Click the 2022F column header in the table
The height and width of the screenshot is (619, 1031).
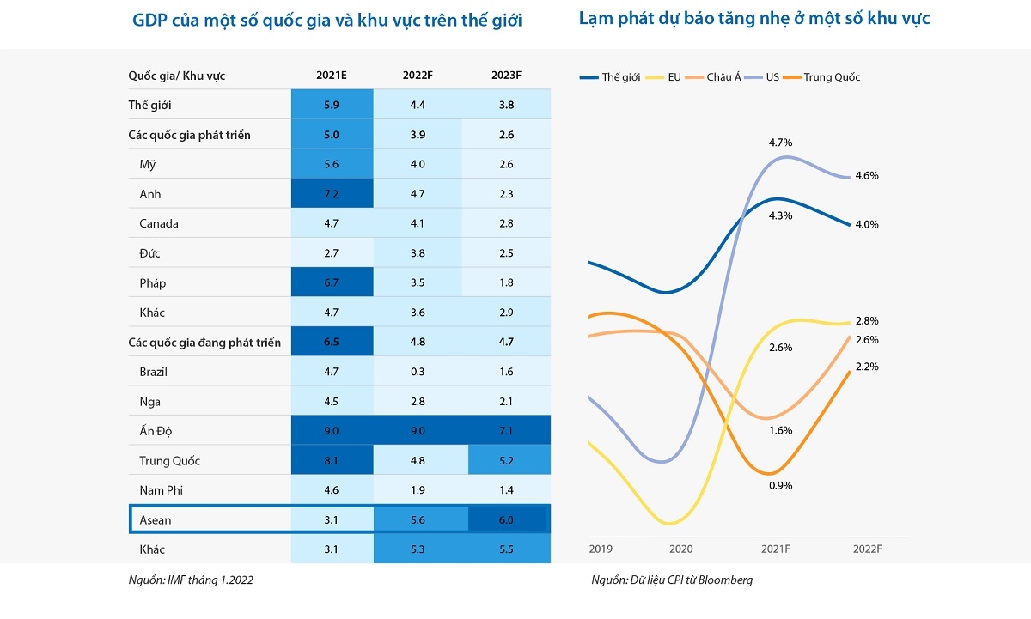[418, 76]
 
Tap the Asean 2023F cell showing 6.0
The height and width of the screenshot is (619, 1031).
[506, 520]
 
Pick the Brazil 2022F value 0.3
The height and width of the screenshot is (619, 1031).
[418, 372]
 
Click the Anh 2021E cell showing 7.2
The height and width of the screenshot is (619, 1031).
[332, 194]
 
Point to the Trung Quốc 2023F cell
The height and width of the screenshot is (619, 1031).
[506, 461]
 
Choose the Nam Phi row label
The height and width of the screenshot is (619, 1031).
[162, 490]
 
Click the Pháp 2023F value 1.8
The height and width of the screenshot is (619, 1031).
[506, 282]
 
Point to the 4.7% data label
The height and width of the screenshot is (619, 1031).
[781, 143]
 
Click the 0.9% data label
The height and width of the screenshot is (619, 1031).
[781, 485]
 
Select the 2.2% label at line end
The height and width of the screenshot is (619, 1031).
[867, 367]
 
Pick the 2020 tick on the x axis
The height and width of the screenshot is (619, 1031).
[680, 549]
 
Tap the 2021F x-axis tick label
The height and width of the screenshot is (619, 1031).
[777, 549]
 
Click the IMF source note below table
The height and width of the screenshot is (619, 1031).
[190, 580]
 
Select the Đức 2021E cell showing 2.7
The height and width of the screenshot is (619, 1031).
[332, 253]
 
